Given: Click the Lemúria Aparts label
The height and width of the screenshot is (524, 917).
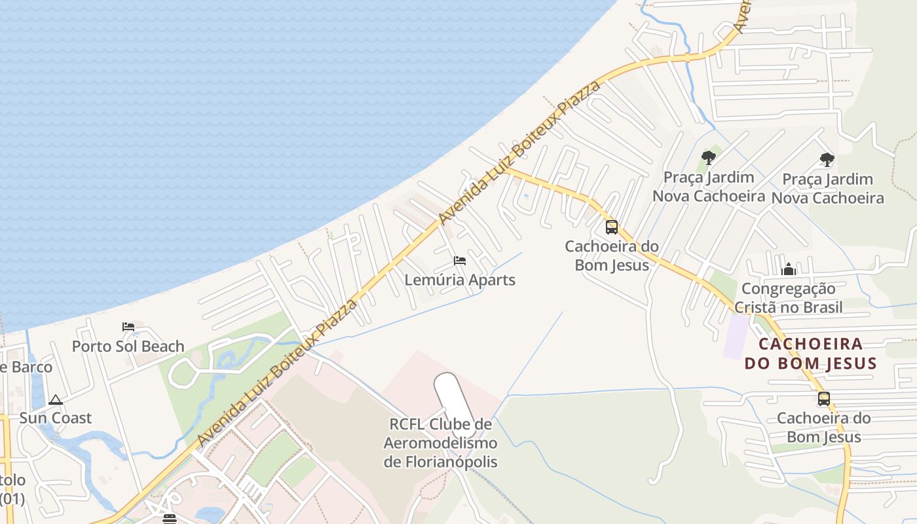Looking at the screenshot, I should (x=460, y=280).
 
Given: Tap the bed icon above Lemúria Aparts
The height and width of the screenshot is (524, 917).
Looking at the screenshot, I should (x=460, y=261).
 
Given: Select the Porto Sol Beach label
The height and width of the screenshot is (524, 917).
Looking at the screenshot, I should (x=128, y=346).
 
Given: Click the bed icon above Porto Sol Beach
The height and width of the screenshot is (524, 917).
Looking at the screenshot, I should (x=128, y=326).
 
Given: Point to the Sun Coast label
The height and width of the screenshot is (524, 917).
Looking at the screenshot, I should (x=55, y=418).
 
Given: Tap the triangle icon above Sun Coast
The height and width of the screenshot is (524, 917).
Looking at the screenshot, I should (x=56, y=400).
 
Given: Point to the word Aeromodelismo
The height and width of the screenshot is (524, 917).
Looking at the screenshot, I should (x=440, y=443).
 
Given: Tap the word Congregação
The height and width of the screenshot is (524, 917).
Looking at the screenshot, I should (x=788, y=289).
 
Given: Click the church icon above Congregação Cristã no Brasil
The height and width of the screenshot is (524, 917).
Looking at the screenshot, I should (x=788, y=269).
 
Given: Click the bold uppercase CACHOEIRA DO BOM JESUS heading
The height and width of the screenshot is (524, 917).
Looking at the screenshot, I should (x=810, y=354).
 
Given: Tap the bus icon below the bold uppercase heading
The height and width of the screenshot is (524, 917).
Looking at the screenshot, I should (x=823, y=398).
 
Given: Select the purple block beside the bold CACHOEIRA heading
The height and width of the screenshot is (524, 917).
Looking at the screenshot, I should (x=736, y=336).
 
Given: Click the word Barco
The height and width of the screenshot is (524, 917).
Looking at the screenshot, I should (x=31, y=367).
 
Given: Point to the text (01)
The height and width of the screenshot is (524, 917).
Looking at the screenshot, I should (x=12, y=499).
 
